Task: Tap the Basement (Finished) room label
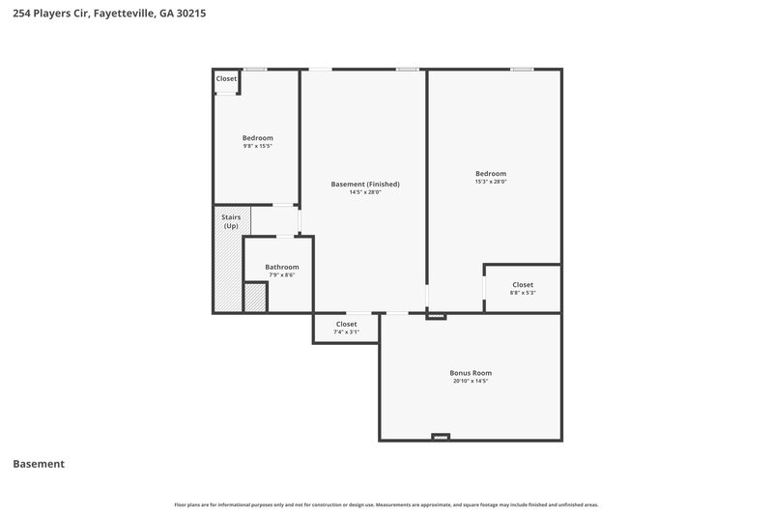(x=365, y=184)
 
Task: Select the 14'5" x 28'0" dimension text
(x=365, y=192)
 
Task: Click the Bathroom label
(x=282, y=267)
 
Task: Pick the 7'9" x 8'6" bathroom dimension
(x=282, y=275)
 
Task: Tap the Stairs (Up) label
(x=231, y=221)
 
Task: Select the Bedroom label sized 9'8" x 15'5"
(x=257, y=137)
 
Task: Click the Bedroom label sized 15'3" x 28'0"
(x=491, y=173)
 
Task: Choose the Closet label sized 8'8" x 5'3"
(x=523, y=284)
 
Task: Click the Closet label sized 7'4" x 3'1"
(x=346, y=324)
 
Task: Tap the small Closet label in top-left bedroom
(x=226, y=78)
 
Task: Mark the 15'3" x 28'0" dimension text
(x=491, y=182)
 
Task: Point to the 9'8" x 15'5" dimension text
(x=257, y=146)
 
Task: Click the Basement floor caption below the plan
(x=39, y=464)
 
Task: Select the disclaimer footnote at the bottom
(x=386, y=504)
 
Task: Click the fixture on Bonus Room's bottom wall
(x=441, y=437)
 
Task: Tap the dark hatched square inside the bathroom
(x=255, y=298)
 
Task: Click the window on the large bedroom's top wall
(x=522, y=69)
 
